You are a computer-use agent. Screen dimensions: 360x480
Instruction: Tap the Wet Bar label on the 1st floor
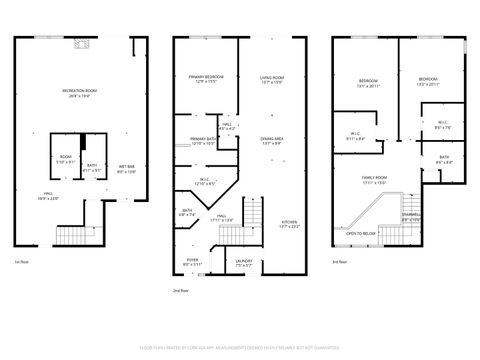126,168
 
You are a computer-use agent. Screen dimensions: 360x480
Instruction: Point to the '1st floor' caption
21,262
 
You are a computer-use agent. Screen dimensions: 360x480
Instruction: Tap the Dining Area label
272,140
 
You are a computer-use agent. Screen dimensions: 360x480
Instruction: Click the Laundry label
243,262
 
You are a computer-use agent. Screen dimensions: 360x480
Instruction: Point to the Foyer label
192,262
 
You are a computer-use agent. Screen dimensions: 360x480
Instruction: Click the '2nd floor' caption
179,290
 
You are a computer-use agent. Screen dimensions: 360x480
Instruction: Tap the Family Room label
375,180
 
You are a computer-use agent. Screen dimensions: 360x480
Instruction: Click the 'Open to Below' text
361,234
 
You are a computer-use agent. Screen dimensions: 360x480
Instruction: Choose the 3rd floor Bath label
443,159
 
